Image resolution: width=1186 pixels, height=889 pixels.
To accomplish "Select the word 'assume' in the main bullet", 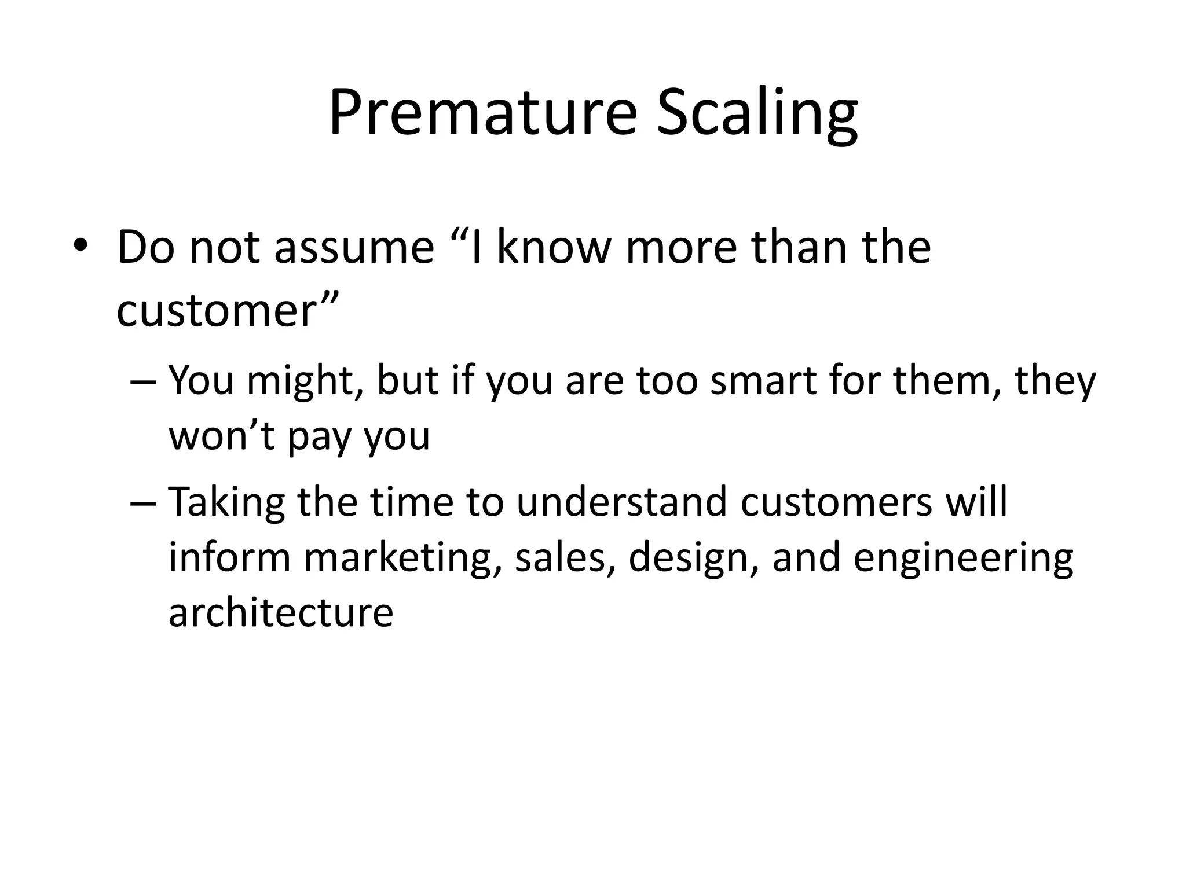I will coord(354,248).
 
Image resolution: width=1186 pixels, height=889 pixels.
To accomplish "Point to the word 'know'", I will coord(554,248).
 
